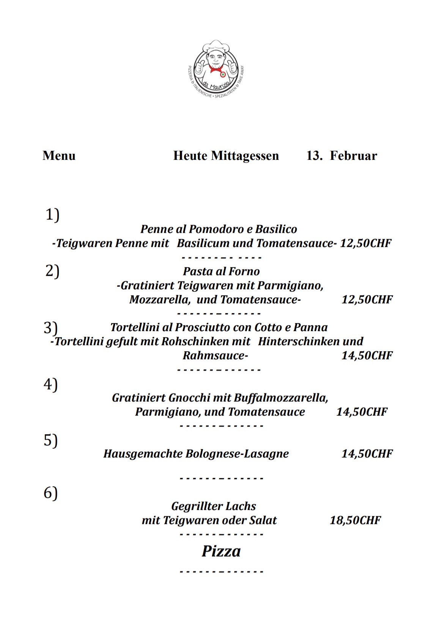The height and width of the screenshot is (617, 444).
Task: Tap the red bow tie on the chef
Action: coord(216,69)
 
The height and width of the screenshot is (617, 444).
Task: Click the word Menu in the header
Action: coord(59,156)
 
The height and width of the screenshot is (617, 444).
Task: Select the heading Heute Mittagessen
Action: coord(226,156)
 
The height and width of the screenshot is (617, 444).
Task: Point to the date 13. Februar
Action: coord(342,156)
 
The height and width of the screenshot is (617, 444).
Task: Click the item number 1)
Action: coord(52,215)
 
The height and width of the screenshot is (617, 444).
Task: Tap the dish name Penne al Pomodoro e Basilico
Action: coord(219,229)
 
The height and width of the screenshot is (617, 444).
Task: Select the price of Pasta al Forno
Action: coord(367,299)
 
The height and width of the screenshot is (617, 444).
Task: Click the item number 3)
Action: coord(50,327)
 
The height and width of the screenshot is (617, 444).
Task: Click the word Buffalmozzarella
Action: coord(280,398)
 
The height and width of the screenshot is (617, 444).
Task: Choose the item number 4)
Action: coord(50,384)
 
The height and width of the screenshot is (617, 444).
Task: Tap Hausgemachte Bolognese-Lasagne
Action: coord(196,453)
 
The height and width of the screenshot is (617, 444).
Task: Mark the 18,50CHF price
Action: coord(355,520)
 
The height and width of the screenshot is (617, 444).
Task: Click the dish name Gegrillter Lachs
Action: coord(213,506)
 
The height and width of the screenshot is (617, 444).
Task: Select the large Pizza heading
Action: coord(221,551)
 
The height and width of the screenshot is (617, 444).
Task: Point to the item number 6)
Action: coord(50,493)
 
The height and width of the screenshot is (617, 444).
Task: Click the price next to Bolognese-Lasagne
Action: coord(367,453)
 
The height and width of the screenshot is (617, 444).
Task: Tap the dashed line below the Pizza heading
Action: coord(221,571)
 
